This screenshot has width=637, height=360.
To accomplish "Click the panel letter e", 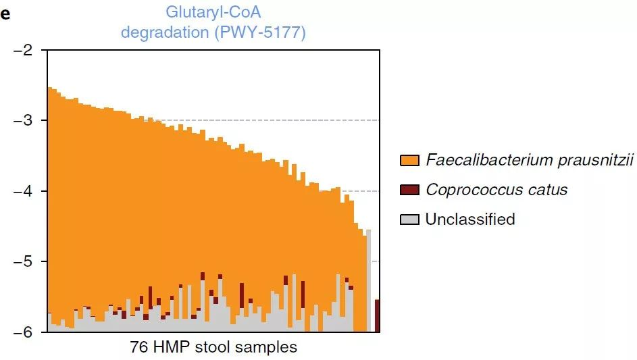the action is (5, 14).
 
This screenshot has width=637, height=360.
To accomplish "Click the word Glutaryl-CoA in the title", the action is (213, 12).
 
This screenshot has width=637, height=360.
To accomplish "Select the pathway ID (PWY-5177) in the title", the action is (260, 32).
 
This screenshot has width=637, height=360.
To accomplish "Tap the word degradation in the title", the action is (165, 32).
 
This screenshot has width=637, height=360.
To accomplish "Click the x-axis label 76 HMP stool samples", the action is (213, 347).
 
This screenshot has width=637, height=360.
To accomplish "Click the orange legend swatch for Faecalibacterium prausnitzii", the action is (409, 160).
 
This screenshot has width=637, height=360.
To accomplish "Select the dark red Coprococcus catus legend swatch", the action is (409, 190).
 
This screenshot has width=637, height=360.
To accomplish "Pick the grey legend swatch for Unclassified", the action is (409, 220).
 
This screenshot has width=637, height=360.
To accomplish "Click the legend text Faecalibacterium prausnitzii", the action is (530, 160).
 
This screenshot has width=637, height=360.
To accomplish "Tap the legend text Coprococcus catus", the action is (496, 190).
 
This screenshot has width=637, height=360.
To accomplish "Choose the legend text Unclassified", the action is (470, 220).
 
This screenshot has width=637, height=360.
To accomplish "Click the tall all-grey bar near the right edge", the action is (368, 281).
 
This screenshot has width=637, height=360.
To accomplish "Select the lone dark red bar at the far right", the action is (377, 315).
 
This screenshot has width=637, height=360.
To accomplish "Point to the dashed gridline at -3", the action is (267, 120).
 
